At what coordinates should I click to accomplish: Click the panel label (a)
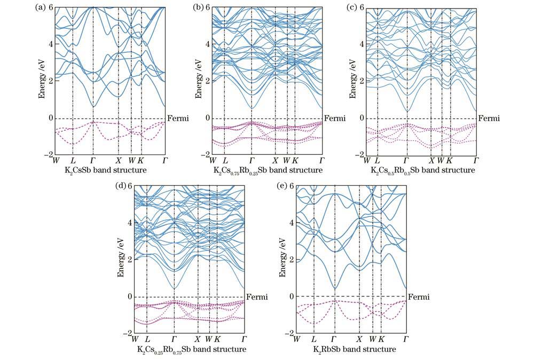coord(40,7)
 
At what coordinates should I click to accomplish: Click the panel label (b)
coord(196,7)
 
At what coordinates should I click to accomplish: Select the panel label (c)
coord(352,7)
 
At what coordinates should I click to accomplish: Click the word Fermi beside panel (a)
coord(178,118)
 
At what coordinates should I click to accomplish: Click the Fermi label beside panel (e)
coord(419,296)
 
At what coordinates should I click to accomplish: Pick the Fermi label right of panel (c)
coord(489,118)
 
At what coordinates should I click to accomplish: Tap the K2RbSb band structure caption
coord(354,349)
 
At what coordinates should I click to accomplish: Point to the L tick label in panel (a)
coord(73,160)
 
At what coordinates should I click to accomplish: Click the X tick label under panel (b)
coord(276,160)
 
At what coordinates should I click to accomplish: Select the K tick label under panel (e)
coord(381,339)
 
